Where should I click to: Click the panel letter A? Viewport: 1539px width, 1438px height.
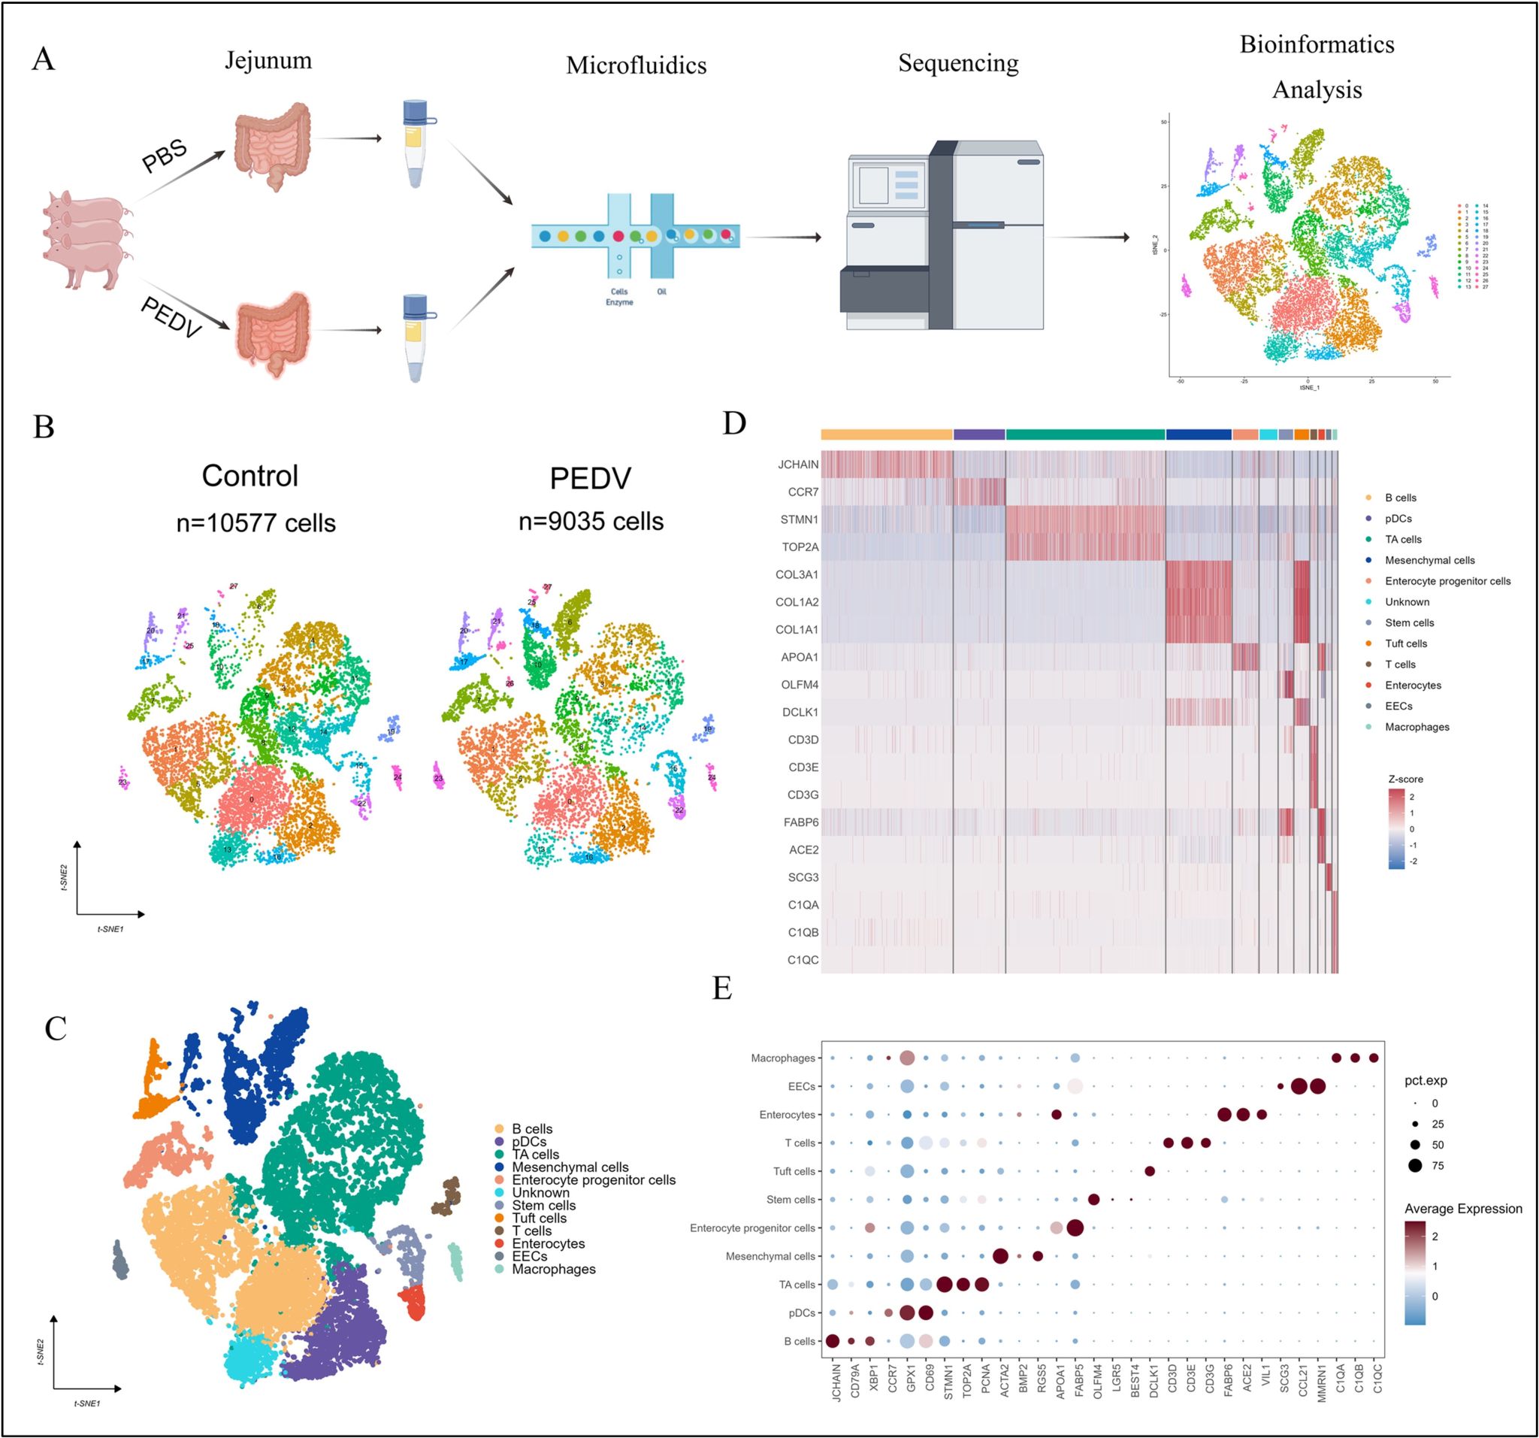[44, 59]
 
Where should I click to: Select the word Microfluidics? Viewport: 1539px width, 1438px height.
[636, 65]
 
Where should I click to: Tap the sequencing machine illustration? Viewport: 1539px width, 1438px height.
[942, 236]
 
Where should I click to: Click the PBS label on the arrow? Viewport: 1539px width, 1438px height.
[164, 155]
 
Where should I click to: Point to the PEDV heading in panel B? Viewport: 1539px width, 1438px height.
[590, 479]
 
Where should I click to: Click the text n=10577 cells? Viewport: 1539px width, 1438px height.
[255, 523]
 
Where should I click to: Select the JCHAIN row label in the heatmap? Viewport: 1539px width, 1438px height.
[797, 465]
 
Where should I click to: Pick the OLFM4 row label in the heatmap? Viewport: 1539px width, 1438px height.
[799, 685]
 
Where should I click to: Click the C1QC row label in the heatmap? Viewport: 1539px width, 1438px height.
[802, 960]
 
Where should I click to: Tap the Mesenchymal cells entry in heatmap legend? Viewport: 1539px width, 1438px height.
[1429, 560]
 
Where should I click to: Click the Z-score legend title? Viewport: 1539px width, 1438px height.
[1405, 779]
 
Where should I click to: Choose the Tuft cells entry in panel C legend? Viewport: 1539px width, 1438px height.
[539, 1218]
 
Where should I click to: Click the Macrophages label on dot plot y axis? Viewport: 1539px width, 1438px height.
[783, 1058]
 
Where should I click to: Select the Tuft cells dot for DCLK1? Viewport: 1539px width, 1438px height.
[1150, 1171]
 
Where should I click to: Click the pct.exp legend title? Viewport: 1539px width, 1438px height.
[1426, 1080]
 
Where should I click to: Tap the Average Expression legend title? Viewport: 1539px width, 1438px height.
[1462, 1209]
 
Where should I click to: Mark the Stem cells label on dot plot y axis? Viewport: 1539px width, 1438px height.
[791, 1200]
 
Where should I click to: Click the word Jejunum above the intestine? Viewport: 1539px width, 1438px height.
[268, 60]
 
